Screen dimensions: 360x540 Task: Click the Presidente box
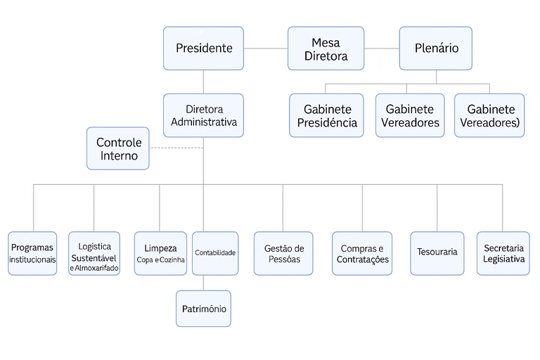point(203,49)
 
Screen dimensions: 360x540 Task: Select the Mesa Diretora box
point(326,49)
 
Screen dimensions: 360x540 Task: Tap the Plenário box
point(435,49)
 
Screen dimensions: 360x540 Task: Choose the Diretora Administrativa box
point(203,115)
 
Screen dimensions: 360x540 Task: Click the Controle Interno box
point(118,148)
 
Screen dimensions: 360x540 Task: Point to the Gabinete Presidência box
point(326,115)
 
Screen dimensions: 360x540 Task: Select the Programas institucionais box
point(32,253)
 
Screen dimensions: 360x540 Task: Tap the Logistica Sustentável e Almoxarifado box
point(95,253)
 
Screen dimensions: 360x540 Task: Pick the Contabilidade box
point(215,253)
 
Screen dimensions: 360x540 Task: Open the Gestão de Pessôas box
point(283,253)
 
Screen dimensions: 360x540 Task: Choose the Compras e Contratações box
point(362,253)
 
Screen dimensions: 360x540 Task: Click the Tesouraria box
point(437,253)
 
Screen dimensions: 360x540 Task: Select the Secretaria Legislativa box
point(503,253)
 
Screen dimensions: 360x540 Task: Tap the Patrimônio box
point(203,309)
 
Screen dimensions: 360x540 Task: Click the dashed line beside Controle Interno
point(176,148)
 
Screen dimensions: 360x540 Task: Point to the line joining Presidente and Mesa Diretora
point(266,49)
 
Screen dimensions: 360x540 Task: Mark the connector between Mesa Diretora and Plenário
point(382,49)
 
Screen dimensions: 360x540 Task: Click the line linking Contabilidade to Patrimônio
point(203,283)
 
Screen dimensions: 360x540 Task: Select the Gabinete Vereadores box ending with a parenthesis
point(489,115)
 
